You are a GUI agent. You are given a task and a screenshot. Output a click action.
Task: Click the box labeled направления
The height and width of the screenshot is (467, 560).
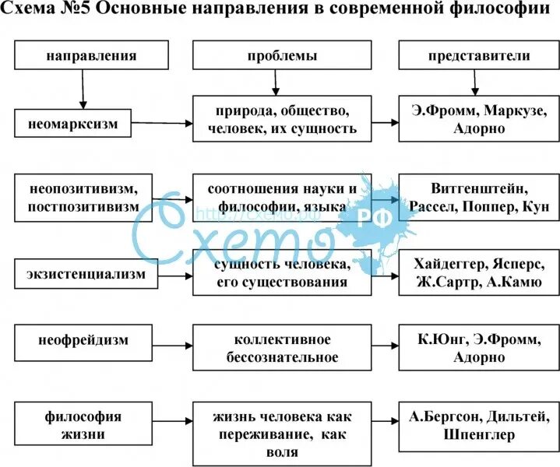[x=91, y=56]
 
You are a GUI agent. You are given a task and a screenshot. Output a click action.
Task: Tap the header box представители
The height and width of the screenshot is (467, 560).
[x=478, y=56]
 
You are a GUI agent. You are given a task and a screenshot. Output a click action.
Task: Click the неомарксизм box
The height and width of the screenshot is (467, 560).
[x=73, y=123]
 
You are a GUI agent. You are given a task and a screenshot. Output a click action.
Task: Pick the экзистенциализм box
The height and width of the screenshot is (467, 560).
[x=73, y=274]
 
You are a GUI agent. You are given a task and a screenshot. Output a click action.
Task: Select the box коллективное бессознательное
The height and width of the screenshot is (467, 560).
[x=282, y=349]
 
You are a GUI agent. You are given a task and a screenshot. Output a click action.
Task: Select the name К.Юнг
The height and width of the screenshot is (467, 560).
[x=441, y=340]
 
